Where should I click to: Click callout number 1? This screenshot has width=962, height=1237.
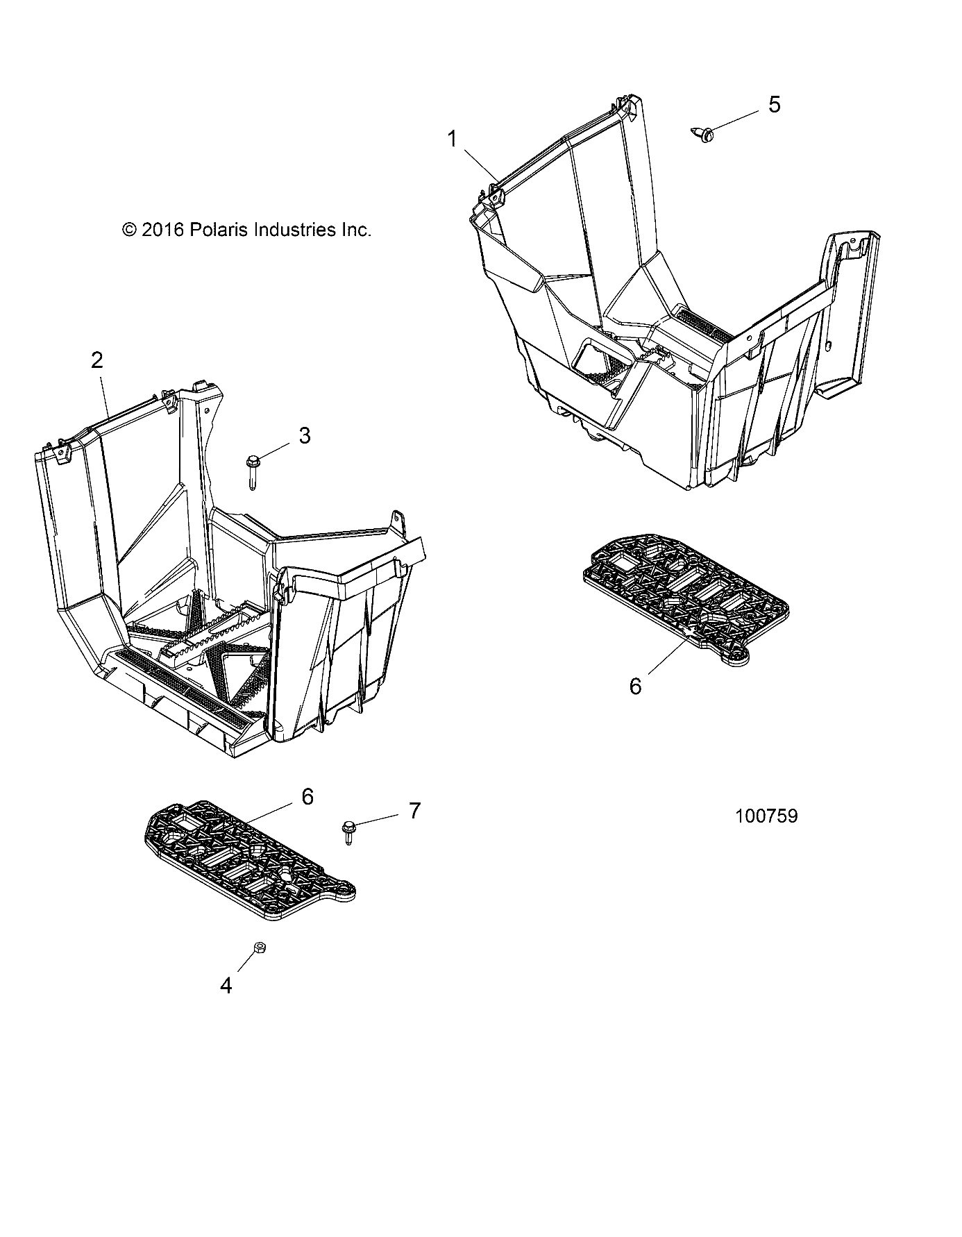[452, 140]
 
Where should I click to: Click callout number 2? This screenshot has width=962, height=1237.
[96, 360]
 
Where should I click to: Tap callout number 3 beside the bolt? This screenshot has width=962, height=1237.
[304, 436]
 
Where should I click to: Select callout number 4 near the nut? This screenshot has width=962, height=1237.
[226, 986]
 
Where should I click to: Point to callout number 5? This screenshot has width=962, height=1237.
[774, 105]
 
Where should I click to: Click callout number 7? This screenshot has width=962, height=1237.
[414, 810]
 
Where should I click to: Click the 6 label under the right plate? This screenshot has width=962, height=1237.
[635, 686]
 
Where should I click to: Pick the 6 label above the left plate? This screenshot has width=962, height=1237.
[307, 796]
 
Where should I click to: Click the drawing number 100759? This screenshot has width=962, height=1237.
[766, 816]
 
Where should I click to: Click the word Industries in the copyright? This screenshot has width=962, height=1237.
[295, 230]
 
